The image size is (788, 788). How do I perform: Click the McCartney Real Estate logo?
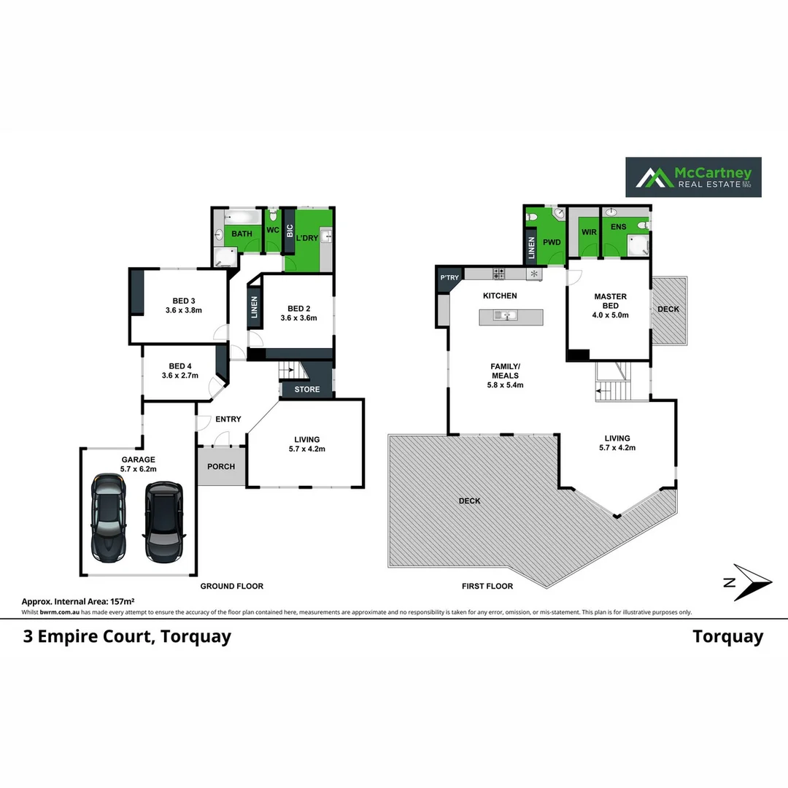[693, 177]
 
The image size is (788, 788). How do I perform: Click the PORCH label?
[220, 466]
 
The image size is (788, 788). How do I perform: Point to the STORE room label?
[307, 390]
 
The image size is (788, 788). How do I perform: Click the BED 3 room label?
[184, 301]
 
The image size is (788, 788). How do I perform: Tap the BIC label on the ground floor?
[290, 231]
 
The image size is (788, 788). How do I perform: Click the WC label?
[273, 231]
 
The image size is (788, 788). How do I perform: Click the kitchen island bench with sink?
[511, 317]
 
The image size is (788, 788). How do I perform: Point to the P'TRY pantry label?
[449, 278]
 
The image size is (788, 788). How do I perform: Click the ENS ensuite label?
[618, 227]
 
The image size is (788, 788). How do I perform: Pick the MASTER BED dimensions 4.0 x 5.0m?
[611, 315]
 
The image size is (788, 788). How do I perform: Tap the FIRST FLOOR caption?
[487, 586]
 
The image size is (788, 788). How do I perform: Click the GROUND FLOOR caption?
[232, 586]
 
